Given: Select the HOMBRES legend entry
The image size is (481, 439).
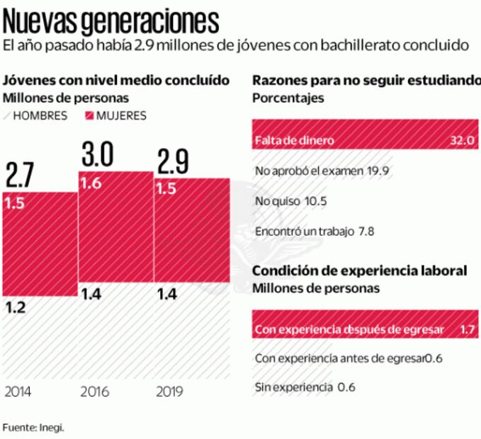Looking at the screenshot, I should coord(40,115).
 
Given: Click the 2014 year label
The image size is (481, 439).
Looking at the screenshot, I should coord(18,392).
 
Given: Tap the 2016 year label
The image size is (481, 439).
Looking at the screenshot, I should coord(94,392).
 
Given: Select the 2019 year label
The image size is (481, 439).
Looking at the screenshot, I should coord(169,392).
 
